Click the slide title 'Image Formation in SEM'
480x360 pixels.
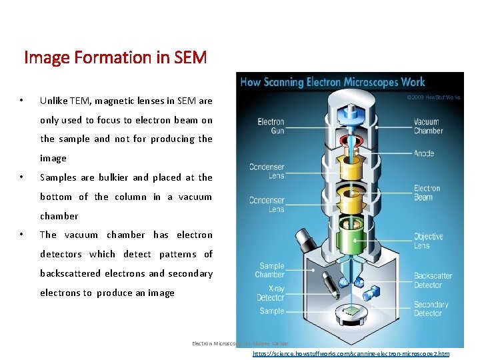point(115,58)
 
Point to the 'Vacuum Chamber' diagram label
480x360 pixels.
point(427,127)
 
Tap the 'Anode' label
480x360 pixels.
point(423,153)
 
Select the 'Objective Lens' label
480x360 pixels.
point(428,241)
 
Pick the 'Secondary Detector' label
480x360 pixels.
point(431,309)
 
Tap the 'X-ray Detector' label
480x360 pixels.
point(271,294)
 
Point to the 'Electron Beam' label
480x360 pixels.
point(427,193)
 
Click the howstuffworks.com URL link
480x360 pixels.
point(351,354)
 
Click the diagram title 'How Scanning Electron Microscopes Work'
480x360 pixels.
point(332,83)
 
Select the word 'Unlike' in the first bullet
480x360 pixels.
point(53,101)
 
